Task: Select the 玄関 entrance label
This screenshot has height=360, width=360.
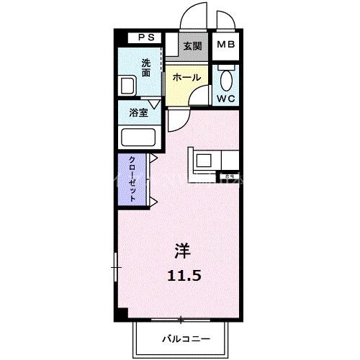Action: point(192,46)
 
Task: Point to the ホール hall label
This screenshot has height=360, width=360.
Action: point(186,77)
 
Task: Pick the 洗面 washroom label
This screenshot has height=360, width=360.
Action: point(146,68)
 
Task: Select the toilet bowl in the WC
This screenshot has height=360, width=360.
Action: point(227,78)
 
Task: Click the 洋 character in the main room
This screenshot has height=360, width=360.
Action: point(182,252)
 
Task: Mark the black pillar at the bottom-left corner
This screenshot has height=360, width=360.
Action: point(123,313)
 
